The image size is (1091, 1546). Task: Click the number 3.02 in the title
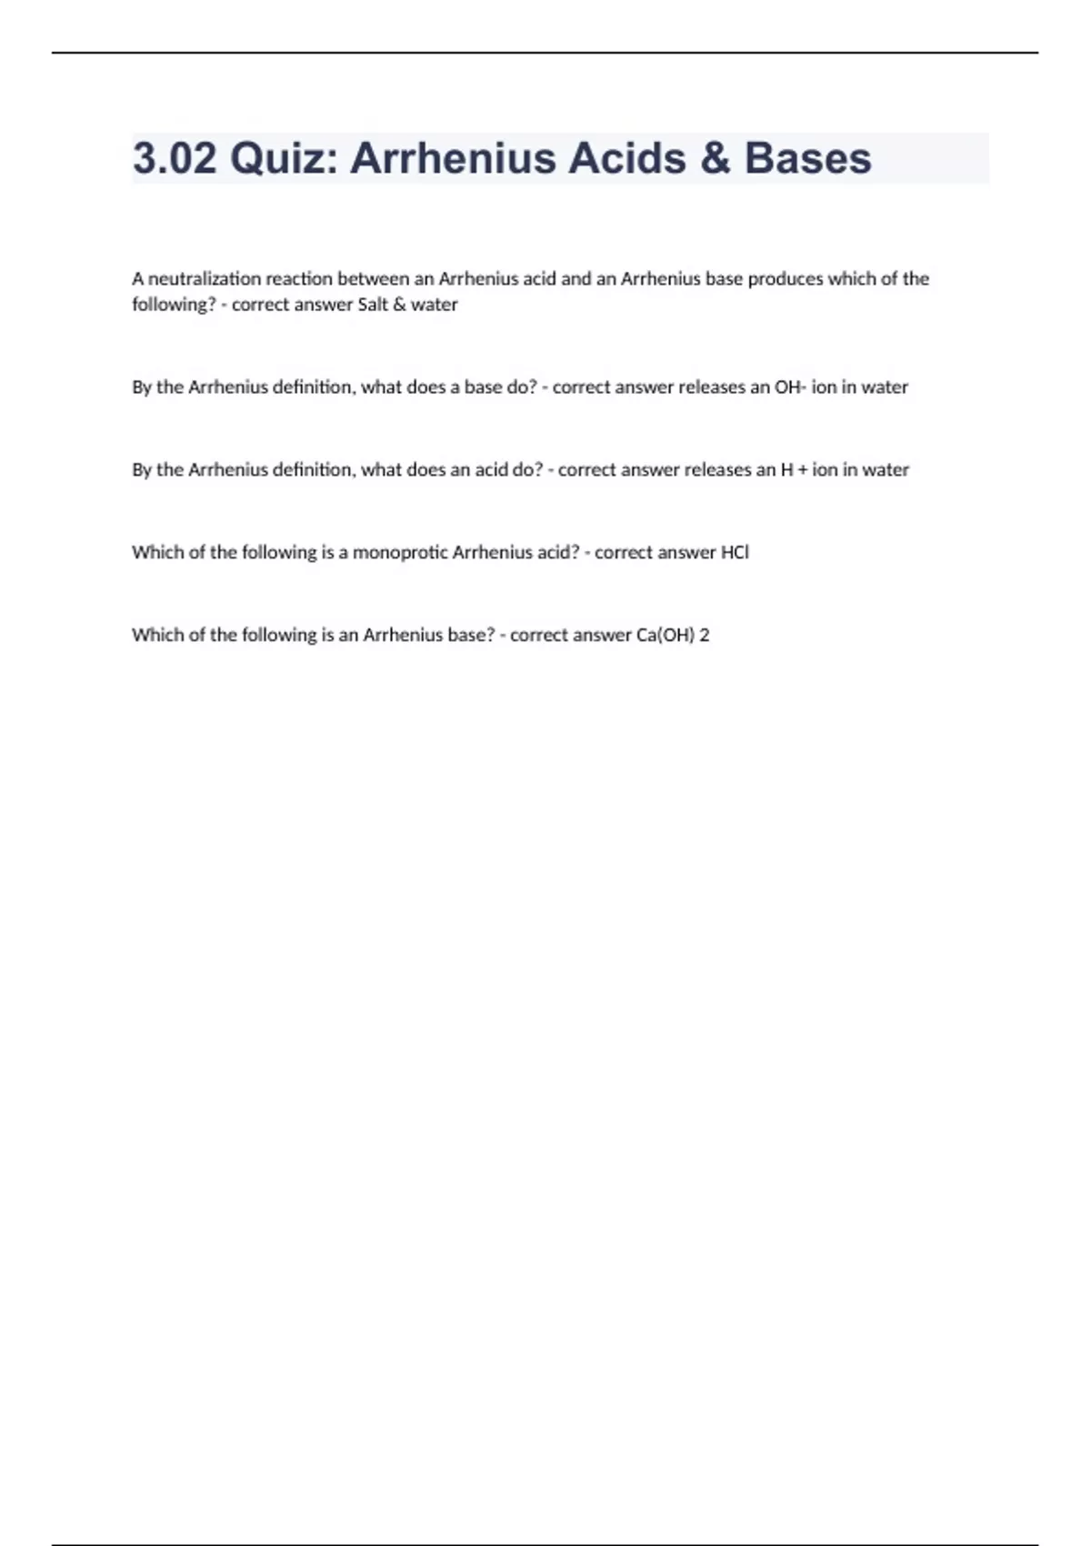coord(175,158)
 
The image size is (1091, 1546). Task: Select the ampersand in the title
coord(715,158)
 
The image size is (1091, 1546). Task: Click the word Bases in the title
coord(807,158)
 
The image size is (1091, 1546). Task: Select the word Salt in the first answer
coord(373,305)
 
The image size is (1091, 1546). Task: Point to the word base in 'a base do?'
coord(483,387)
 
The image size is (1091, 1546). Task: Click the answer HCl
coord(735,553)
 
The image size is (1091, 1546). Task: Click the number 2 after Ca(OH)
coord(705,636)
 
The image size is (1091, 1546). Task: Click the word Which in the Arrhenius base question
coord(156,636)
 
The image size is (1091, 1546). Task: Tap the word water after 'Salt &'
coord(435,305)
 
